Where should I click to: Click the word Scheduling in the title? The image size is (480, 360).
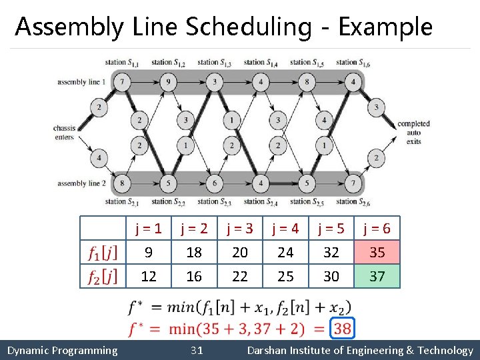tap(248, 27)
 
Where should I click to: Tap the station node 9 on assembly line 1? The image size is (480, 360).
tap(168, 83)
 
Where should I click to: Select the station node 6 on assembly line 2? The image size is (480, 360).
tap(215, 183)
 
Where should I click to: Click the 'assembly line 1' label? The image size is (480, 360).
tap(81, 82)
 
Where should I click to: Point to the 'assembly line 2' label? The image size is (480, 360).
tap(81, 183)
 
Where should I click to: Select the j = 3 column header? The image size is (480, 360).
tap(239, 229)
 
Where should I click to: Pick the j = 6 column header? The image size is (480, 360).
tap(377, 229)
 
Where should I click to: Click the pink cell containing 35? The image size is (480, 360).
tap(377, 253)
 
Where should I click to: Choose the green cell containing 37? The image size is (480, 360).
tap(377, 276)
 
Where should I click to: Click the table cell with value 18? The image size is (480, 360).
tap(194, 253)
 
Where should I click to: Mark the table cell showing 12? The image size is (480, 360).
tap(149, 276)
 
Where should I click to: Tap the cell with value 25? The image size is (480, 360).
tap(285, 276)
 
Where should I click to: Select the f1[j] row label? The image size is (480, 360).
tap(102, 253)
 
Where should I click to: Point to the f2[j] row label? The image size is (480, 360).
tap(102, 276)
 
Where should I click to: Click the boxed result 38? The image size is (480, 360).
tap(342, 328)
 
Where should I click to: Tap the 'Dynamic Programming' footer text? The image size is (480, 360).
tap(62, 351)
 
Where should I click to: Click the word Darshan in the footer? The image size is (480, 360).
tap(269, 351)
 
